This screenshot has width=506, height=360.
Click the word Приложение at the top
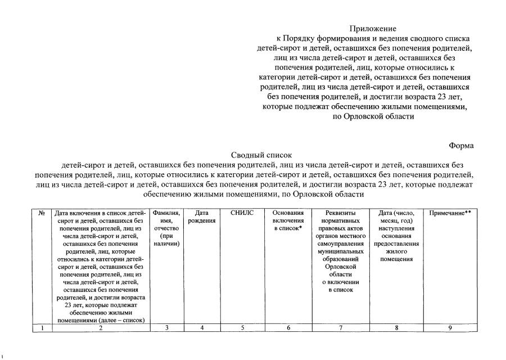coord(373,29)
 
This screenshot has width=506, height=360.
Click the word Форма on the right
coord(461,146)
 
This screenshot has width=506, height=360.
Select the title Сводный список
coord(262,155)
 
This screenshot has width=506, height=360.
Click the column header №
coord(42,214)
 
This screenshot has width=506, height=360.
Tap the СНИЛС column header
coord(242,214)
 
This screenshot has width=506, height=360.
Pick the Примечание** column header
coord(450,214)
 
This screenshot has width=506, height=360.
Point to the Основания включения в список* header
coord(288,221)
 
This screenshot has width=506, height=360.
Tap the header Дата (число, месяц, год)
coord(396,236)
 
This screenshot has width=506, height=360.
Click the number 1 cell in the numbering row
coord(42,328)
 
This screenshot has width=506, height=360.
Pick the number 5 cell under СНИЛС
coord(242,328)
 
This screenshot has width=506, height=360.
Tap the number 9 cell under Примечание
coord(450,328)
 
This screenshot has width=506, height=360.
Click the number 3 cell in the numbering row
coord(166,328)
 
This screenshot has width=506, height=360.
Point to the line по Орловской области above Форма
coord(373,117)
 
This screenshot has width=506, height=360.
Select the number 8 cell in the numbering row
coord(396,328)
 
